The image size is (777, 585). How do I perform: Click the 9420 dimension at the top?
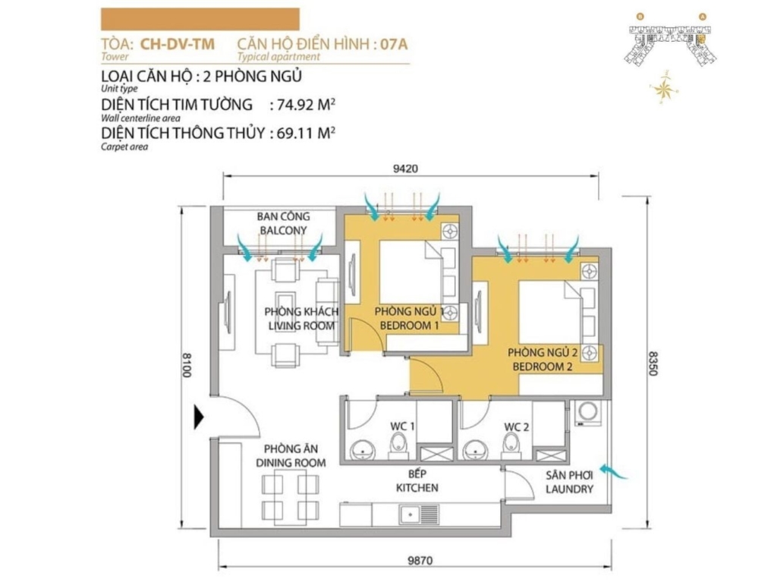[x=405, y=168]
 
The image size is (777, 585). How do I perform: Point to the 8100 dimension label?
[x=187, y=365]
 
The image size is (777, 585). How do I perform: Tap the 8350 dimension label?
[x=653, y=363]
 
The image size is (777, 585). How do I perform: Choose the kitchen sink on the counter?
[x=419, y=514]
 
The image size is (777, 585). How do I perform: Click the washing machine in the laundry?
[x=589, y=413]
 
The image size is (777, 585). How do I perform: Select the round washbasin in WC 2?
[x=475, y=450]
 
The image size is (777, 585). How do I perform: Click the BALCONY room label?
[x=284, y=231]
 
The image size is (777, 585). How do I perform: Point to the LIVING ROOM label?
[x=301, y=326]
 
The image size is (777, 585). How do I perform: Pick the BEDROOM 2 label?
[x=543, y=366]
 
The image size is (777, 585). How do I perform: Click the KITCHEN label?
[x=417, y=487]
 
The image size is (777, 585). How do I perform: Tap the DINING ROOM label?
[x=291, y=463]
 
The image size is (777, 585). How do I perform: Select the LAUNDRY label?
[x=569, y=489]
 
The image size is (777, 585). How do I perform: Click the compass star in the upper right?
[x=663, y=89]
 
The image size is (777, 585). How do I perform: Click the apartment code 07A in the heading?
[x=394, y=44]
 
